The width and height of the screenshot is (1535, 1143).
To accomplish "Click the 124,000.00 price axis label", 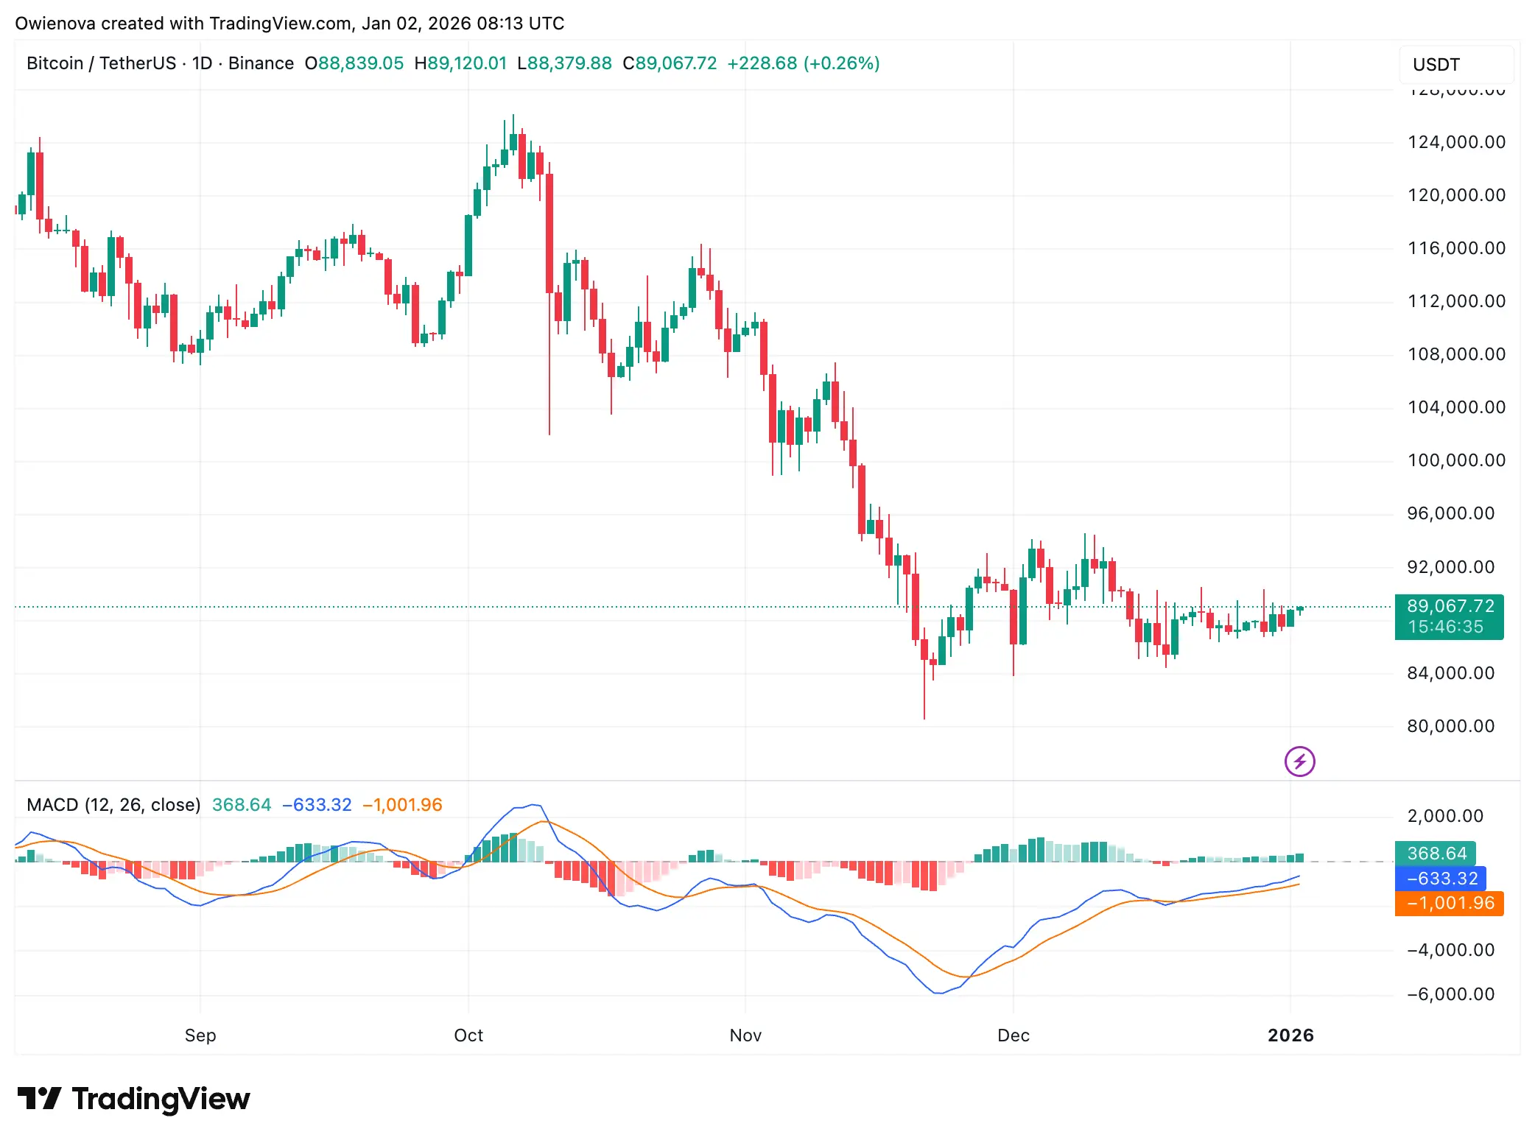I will (1455, 142).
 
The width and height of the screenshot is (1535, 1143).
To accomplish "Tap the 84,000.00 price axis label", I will (1450, 673).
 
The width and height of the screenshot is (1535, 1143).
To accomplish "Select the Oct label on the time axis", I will (468, 1035).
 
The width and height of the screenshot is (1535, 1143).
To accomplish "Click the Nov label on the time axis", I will (745, 1035).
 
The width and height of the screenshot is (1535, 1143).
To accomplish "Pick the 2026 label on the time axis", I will (1290, 1035).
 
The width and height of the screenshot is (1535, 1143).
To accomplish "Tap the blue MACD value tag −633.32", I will (1441, 879).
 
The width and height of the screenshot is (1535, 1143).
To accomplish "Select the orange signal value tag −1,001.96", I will (1449, 903).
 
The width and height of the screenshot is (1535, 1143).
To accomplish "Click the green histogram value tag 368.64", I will (1436, 854).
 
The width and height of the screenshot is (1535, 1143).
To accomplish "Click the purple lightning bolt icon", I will (1299, 762).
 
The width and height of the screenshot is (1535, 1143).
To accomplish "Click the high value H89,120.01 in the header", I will (460, 63).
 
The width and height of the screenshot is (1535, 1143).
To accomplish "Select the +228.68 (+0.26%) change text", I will (803, 63).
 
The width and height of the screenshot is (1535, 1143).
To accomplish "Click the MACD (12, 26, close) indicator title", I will (113, 805).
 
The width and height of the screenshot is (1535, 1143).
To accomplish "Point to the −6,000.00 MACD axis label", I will (1450, 994).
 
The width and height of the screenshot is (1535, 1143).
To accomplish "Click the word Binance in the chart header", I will (261, 63).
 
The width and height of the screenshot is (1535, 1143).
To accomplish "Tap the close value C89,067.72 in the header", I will (670, 63).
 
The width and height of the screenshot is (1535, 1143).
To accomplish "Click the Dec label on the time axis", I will (1013, 1035).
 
